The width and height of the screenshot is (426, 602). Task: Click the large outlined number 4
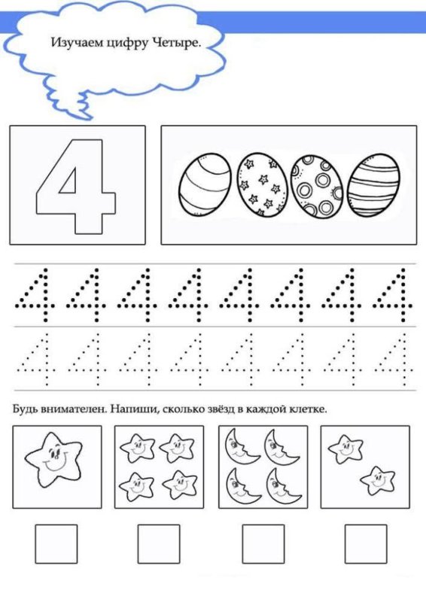coord(76,185)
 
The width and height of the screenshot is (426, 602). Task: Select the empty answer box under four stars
coord(159,544)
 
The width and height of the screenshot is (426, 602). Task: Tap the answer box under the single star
coord(56,544)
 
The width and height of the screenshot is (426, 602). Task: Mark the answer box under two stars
coord(365,544)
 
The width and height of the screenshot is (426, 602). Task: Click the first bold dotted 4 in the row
coord(35,294)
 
